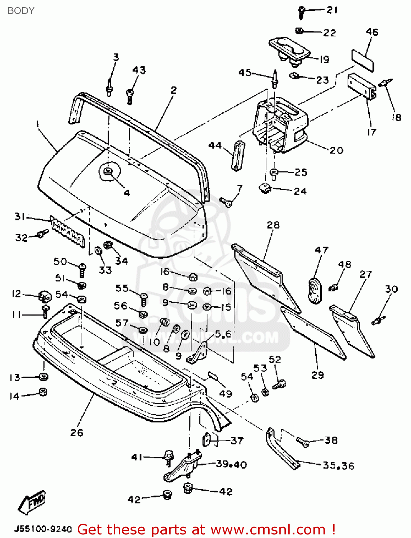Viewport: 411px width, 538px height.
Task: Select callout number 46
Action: (372, 32)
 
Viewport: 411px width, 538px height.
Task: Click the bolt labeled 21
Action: (301, 12)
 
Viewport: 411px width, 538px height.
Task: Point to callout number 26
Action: (77, 433)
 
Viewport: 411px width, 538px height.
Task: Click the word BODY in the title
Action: (21, 11)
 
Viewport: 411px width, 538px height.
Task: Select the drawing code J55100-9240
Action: (43, 529)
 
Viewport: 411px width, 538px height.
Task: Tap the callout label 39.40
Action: (231, 464)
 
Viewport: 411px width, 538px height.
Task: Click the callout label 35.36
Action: (338, 466)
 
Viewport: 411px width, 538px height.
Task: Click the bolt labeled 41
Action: (168, 458)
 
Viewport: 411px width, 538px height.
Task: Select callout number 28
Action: (273, 225)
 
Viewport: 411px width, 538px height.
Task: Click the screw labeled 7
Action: (226, 202)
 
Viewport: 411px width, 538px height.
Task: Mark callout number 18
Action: (396, 117)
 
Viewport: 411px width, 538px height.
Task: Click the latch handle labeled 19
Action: (289, 49)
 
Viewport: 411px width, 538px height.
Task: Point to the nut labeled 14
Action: (43, 392)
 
